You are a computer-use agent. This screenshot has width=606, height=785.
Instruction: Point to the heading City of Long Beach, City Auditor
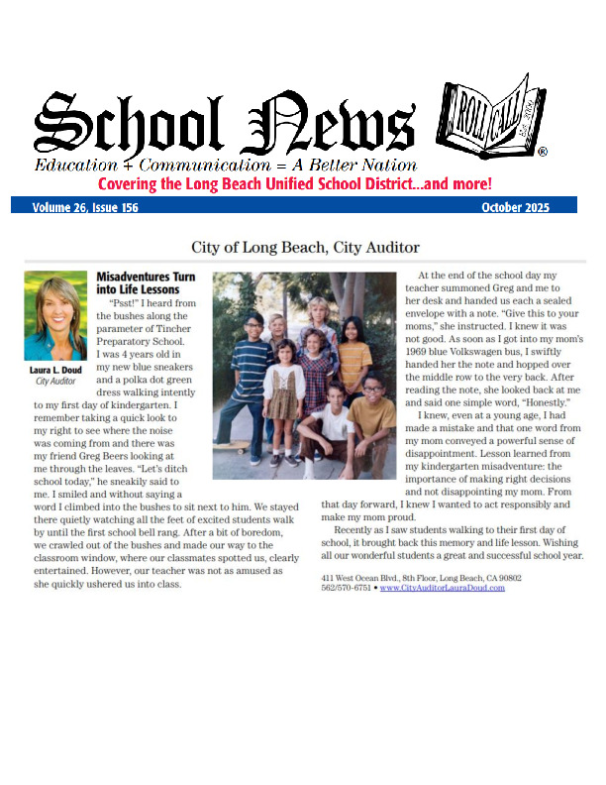pos(305,247)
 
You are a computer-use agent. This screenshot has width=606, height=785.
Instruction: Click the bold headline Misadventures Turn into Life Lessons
pos(138,283)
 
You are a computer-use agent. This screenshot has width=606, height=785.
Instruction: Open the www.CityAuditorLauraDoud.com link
pos(442,588)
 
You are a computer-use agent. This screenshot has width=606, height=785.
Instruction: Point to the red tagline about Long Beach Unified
pos(294,184)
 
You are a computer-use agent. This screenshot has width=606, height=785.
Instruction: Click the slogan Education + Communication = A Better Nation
pos(226,165)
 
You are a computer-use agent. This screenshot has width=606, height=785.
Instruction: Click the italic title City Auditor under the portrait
pos(55,382)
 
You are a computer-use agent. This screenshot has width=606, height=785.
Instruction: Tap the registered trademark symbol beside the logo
pos(543,152)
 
